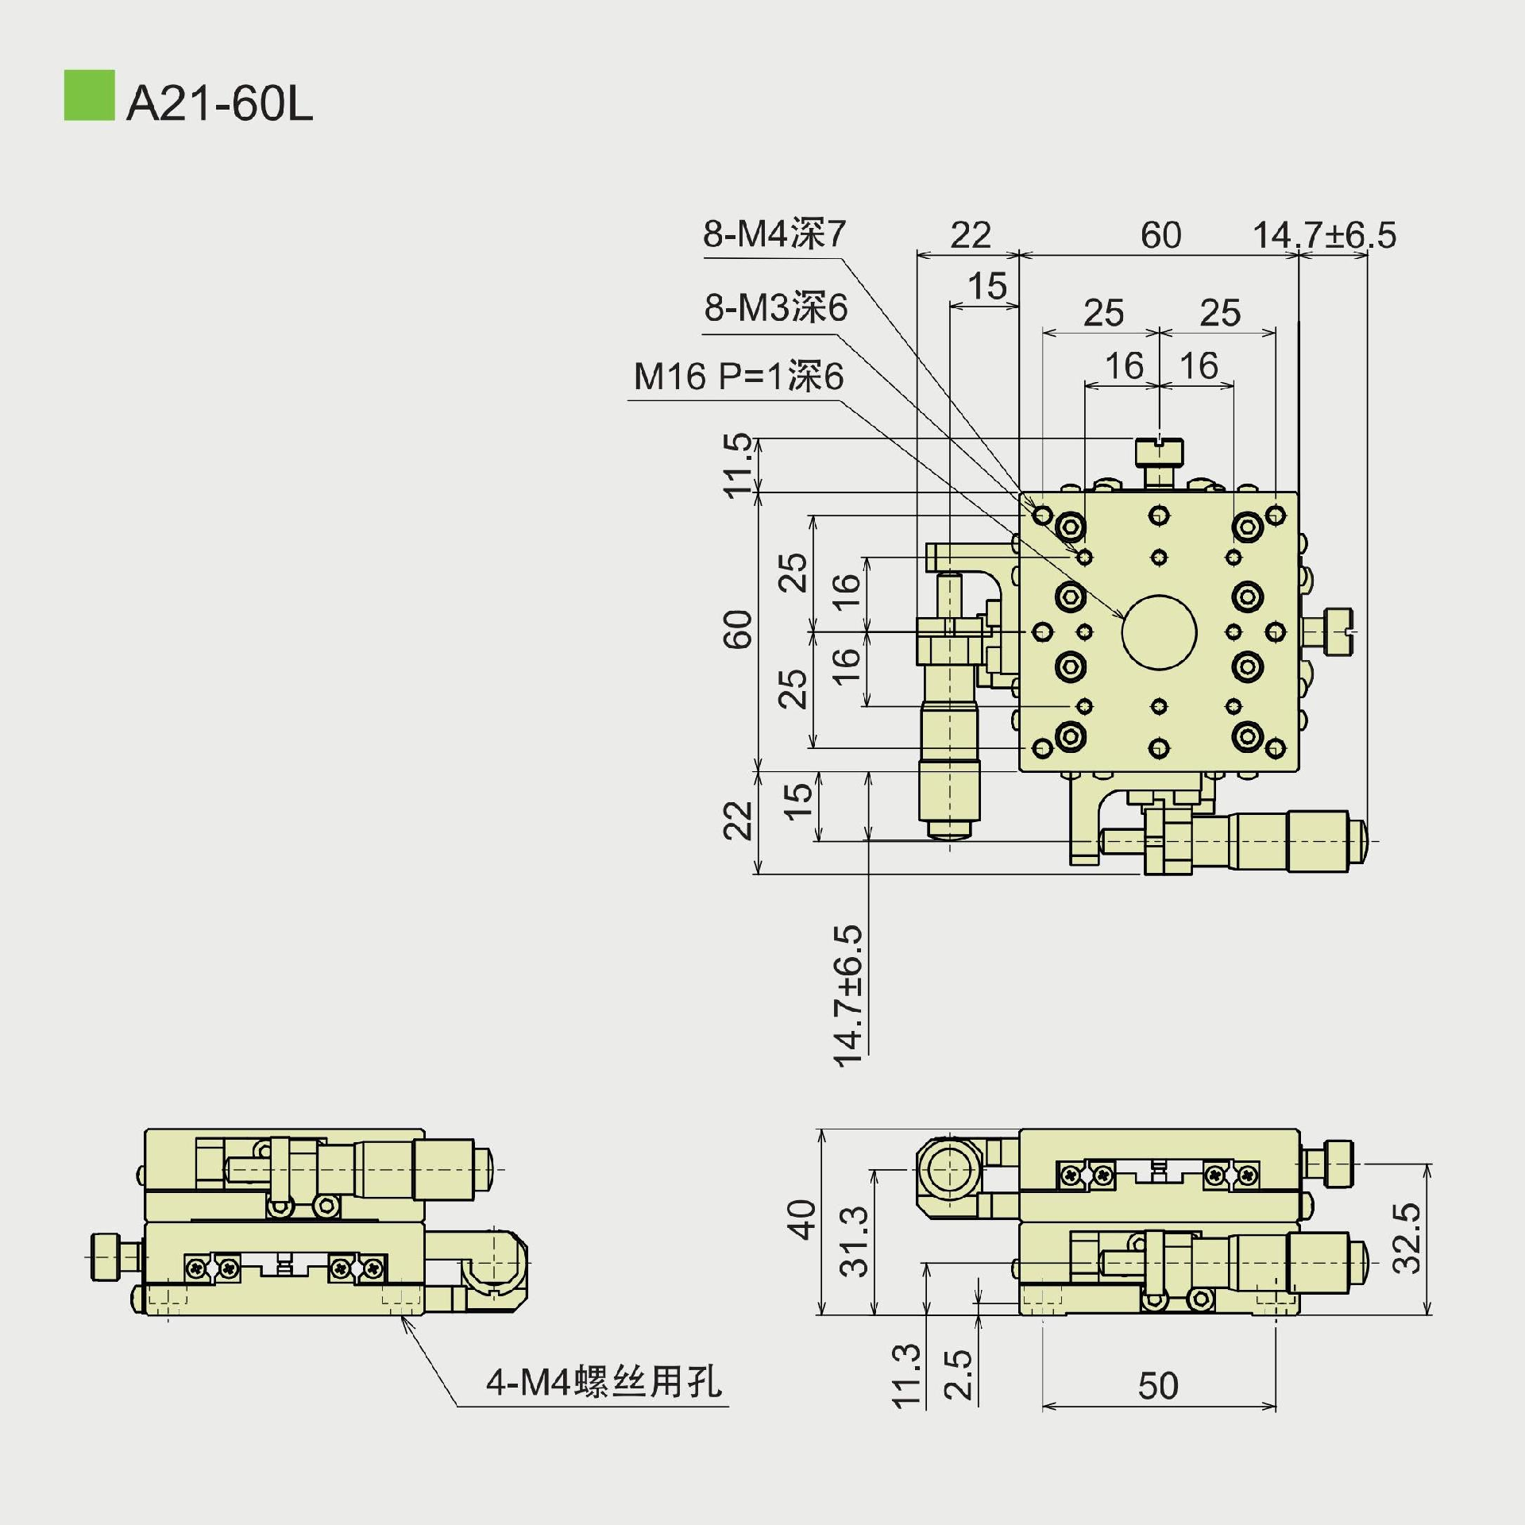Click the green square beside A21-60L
[89, 95]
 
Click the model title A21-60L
[220, 103]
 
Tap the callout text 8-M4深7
[774, 234]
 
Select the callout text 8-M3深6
[776, 307]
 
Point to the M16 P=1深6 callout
[739, 376]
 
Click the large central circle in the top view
[1159, 632]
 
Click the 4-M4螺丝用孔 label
[604, 1382]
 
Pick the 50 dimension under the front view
[1157, 1386]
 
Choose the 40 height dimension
[801, 1220]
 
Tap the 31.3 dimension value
[855, 1241]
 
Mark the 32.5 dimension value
[1407, 1238]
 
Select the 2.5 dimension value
[959, 1374]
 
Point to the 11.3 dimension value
[906, 1376]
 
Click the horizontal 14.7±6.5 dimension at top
[1324, 235]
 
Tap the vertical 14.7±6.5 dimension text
[848, 995]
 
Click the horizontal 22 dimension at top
[970, 235]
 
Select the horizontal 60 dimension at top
[1160, 235]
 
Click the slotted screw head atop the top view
[1159, 451]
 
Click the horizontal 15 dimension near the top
[987, 286]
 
